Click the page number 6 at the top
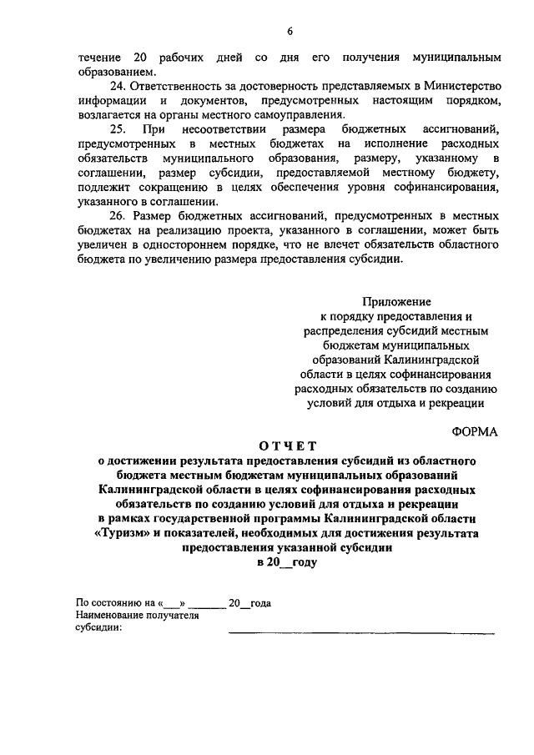coord(290,32)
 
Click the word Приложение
coord(396,301)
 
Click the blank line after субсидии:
coord(361,632)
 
